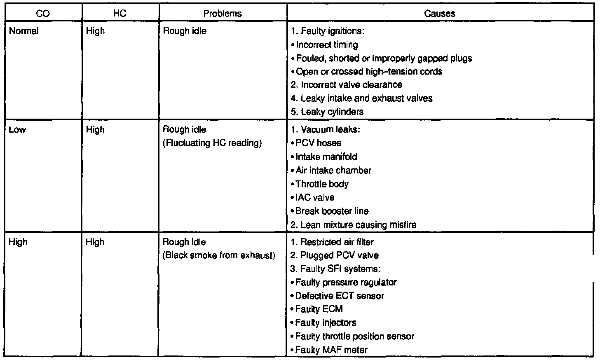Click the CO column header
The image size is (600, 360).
pos(43,14)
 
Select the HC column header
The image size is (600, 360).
pos(120,14)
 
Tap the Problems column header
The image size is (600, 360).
pos(223,14)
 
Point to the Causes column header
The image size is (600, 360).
pos(440,14)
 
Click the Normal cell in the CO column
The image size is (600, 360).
pos(24,31)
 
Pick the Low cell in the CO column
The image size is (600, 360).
pos(17,130)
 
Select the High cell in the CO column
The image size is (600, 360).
pos(18,242)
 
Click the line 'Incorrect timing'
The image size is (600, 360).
pos(327,45)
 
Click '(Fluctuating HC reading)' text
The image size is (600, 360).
pos(212,143)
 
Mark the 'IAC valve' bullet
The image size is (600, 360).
pos(315,198)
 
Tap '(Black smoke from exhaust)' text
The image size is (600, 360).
pos(219,255)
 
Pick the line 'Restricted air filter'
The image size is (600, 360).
pos(332,242)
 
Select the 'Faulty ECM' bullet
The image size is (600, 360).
pos(319,309)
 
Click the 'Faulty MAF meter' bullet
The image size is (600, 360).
pos(331,350)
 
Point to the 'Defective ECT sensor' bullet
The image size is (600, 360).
pos(340,296)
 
